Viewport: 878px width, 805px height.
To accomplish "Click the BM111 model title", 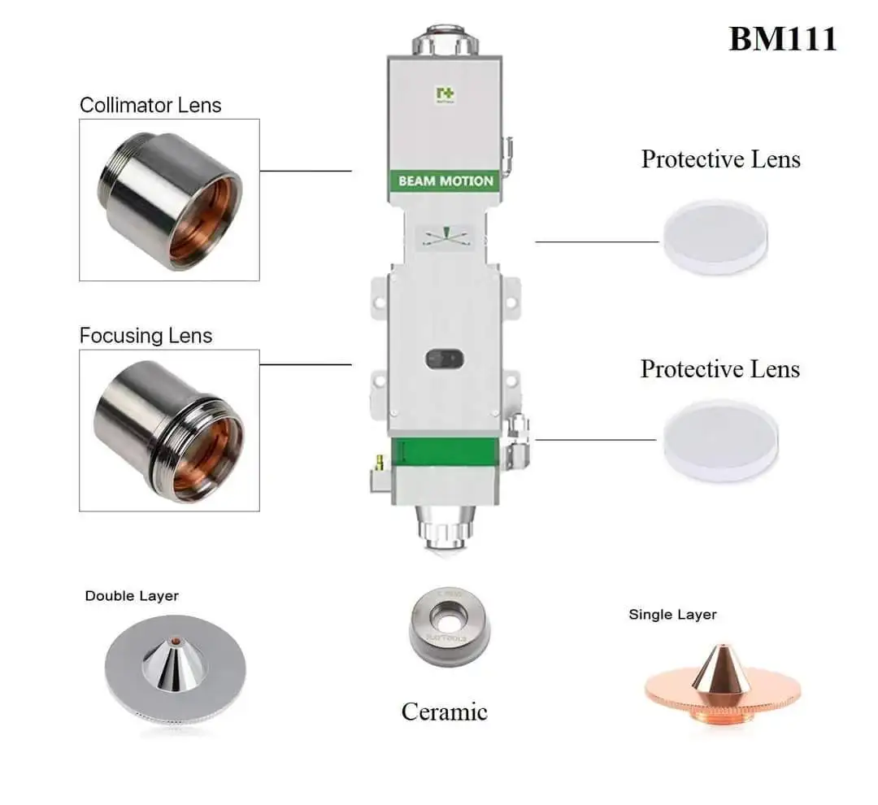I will tap(781, 38).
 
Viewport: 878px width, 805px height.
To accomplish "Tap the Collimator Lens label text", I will tap(150, 105).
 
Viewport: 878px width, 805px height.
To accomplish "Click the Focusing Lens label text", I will tap(146, 336).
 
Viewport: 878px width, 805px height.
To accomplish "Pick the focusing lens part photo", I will tap(169, 430).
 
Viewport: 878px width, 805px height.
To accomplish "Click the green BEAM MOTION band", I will tap(446, 181).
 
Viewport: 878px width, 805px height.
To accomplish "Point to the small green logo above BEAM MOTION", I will tap(445, 95).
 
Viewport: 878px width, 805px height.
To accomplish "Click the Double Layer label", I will tap(132, 596).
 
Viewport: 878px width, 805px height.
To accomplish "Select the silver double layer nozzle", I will tap(174, 666).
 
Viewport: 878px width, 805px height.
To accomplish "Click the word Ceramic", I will tap(444, 711).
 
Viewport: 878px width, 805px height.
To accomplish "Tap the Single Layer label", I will tap(672, 615).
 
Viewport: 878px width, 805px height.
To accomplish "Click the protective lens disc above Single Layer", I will tap(719, 440).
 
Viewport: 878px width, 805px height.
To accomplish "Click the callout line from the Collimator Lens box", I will tap(305, 172).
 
